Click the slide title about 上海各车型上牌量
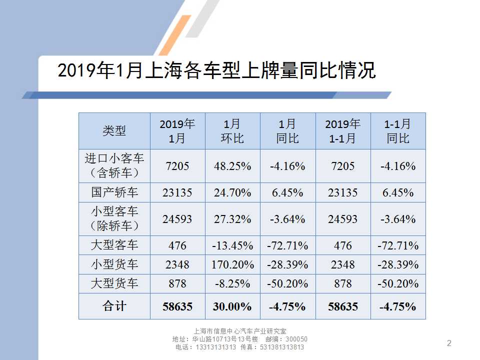[216, 71]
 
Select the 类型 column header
[114, 131]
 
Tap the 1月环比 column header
[232, 131]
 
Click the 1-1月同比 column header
[398, 131]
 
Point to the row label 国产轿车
[114, 192]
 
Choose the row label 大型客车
[114, 245]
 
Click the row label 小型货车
[114, 264]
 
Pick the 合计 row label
[114, 306]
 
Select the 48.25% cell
[232, 166]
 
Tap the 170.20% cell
[232, 264]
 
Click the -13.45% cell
[232, 245]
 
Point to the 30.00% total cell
[232, 306]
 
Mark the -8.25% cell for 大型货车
[232, 283]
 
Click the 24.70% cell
[232, 192]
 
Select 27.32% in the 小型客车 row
[232, 218]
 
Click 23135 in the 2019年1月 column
[177, 192]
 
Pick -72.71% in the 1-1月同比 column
[398, 245]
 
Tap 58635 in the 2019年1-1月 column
[343, 306]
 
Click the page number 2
[449, 343]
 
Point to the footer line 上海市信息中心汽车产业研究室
[240, 331]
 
